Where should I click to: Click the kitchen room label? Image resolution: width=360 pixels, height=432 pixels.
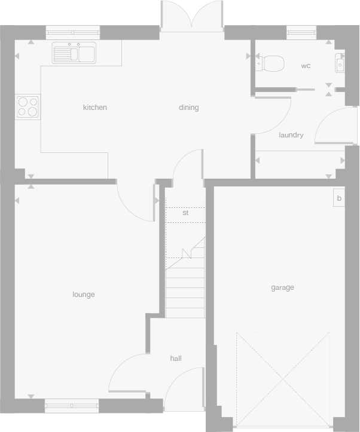pos(94,108)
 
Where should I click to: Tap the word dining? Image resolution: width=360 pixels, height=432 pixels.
pos(188,108)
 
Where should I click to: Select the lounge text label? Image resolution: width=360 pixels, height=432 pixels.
pos(84,295)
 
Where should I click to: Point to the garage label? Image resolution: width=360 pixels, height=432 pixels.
pos(282,287)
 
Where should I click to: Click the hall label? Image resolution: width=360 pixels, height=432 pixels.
pos(176,359)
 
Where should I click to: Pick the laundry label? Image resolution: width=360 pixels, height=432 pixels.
pos(291,135)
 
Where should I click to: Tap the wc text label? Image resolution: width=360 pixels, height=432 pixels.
pos(306,66)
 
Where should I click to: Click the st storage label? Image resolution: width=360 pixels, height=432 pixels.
pos(185,213)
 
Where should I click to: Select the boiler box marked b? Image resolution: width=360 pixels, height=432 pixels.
pos(339,198)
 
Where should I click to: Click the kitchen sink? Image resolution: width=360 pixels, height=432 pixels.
pos(74,53)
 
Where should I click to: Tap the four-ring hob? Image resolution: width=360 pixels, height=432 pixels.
pos(28,106)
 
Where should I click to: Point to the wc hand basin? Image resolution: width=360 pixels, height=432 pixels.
pos(340,63)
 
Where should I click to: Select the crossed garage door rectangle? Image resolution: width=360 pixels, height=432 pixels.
pos(283,381)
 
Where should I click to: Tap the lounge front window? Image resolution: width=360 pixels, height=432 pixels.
pos(72,406)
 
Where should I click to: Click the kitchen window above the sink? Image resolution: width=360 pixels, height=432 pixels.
pos(72,32)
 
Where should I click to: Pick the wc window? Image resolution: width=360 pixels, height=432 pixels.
pos(301,32)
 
